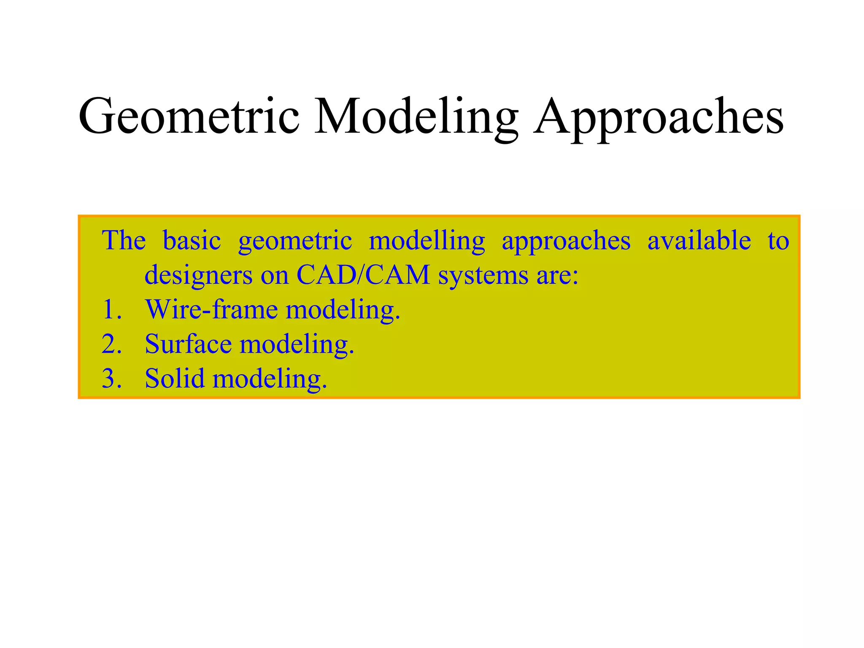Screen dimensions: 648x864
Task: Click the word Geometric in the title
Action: (x=189, y=116)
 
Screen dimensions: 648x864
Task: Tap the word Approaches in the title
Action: (x=658, y=116)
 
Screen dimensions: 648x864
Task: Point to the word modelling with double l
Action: (x=427, y=241)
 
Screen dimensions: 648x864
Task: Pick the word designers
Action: (x=198, y=276)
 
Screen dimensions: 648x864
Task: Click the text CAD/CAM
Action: (x=363, y=275)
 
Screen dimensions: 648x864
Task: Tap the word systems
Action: (x=483, y=276)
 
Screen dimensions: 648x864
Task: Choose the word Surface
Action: (x=188, y=344)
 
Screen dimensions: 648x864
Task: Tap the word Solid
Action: (x=174, y=378)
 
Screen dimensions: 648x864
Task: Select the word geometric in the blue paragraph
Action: (x=295, y=241)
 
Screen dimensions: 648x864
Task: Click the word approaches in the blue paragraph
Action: (x=566, y=241)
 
